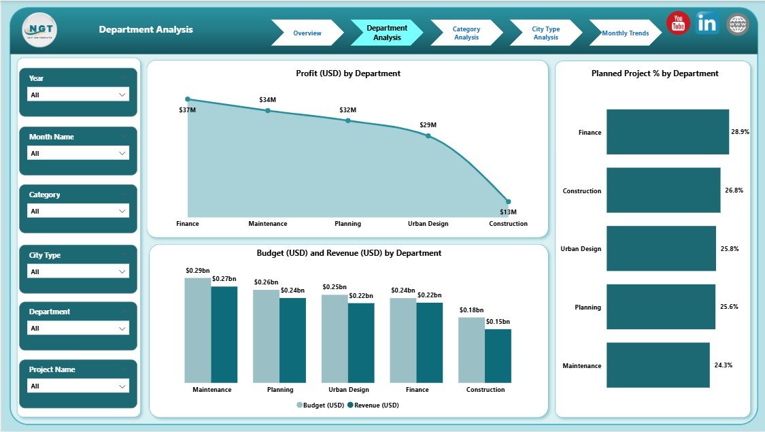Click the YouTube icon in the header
point(678,24)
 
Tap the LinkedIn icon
point(707,23)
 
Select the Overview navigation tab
point(307,33)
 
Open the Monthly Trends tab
point(625,33)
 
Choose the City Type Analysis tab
point(545,33)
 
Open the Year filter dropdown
point(78,95)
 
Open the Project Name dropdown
point(78,386)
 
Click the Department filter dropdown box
point(78,329)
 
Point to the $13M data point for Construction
point(508,202)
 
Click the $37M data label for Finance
point(188,110)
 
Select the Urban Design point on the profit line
point(428,135)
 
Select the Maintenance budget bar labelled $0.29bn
point(197,330)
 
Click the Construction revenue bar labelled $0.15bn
point(498,356)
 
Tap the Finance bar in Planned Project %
point(667,132)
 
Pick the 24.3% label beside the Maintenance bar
point(723,365)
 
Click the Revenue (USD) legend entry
point(373,405)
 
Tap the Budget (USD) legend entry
point(320,405)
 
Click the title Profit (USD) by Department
point(347,73)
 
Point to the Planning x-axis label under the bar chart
point(280,390)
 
